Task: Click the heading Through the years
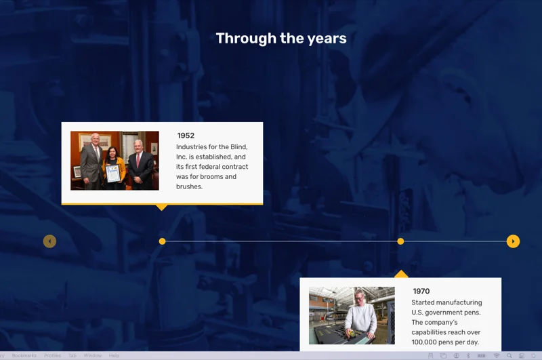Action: pyautogui.click(x=281, y=39)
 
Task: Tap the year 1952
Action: pyautogui.click(x=186, y=136)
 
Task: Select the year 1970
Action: pyautogui.click(x=421, y=292)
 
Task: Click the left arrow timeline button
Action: pyautogui.click(x=49, y=241)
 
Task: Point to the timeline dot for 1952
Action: pyautogui.click(x=162, y=241)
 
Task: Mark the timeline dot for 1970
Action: pyautogui.click(x=400, y=241)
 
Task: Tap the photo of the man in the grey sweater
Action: pyautogui.click(x=352, y=315)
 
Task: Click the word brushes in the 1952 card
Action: pyautogui.click(x=189, y=186)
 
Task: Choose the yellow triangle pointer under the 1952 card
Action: pyautogui.click(x=161, y=207)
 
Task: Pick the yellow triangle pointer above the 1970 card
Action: pyautogui.click(x=401, y=274)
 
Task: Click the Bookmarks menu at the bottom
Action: pyautogui.click(x=24, y=355)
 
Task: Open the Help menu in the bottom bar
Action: pyautogui.click(x=114, y=355)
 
